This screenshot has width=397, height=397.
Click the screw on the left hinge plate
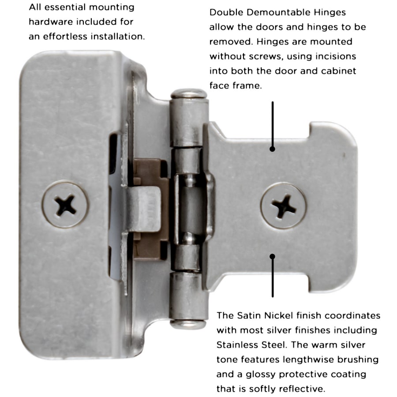pyautogui.click(x=65, y=204)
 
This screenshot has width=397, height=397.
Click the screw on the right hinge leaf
pyautogui.click(x=284, y=206)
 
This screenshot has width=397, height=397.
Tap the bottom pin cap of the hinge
pyautogui.click(x=188, y=324)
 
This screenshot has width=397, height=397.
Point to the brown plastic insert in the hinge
pyautogui.click(x=150, y=209)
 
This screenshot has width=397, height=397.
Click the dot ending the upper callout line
pyautogui.click(x=273, y=149)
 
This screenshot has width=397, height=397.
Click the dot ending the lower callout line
pyautogui.click(x=273, y=256)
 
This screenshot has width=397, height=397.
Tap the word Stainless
pyautogui.click(x=239, y=345)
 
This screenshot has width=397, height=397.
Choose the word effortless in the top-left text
pyautogui.click(x=65, y=37)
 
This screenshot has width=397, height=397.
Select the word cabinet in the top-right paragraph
pyautogui.click(x=338, y=71)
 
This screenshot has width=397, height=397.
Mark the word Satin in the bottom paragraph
pyautogui.click(x=249, y=315)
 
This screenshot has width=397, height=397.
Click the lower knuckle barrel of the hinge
pyautogui.click(x=189, y=296)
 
